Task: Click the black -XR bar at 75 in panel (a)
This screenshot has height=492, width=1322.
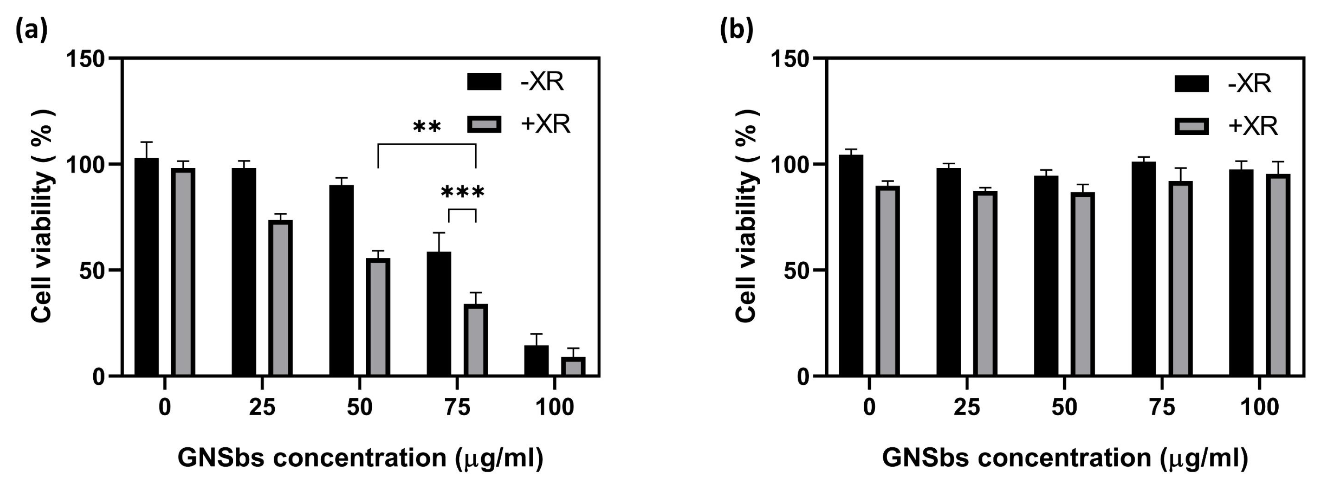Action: (439, 313)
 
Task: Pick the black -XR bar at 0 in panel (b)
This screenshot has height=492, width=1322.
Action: (851, 265)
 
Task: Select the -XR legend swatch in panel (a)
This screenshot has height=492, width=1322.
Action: (484, 82)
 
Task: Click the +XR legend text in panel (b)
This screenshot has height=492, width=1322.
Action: (1253, 126)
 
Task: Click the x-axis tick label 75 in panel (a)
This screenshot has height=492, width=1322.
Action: (457, 408)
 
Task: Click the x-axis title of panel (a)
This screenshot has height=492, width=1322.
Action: (360, 458)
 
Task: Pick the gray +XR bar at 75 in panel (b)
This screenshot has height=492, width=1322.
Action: (1180, 279)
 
